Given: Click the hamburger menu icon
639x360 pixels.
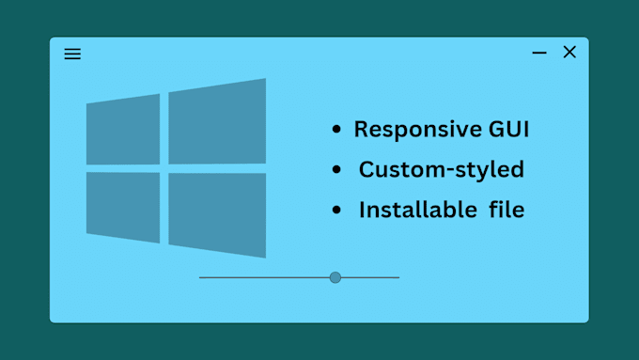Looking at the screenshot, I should pyautogui.click(x=72, y=54).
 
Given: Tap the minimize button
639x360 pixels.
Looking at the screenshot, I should pyautogui.click(x=539, y=54).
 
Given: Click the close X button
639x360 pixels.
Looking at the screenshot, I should pyautogui.click(x=569, y=53).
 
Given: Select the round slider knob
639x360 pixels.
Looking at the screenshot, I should pyautogui.click(x=335, y=277).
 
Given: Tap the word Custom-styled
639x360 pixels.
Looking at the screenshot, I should pyautogui.click(x=441, y=170).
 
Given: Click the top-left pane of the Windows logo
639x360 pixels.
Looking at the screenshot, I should pyautogui.click(x=123, y=130).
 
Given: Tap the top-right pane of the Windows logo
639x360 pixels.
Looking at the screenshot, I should pyautogui.click(x=217, y=122).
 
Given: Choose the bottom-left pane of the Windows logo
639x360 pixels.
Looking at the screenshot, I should pyautogui.click(x=123, y=207).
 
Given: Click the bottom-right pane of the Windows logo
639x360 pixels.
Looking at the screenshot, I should pyautogui.click(x=217, y=213).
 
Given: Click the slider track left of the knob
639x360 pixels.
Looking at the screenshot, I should pyautogui.click(x=263, y=277).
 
